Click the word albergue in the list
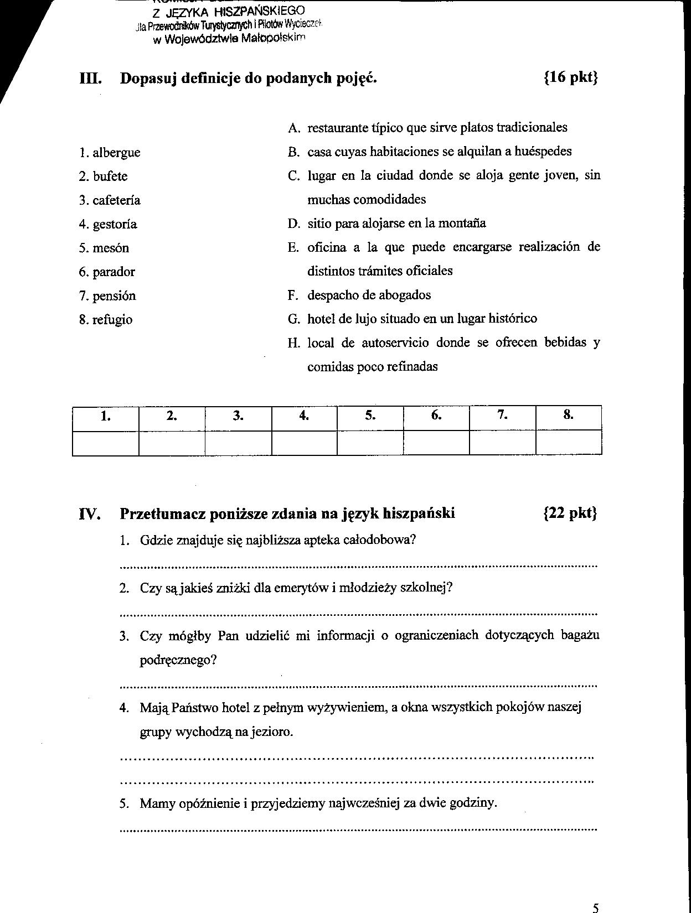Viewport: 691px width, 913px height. (x=116, y=153)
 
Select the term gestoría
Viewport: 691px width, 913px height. (x=115, y=224)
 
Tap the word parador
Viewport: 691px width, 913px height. (x=114, y=272)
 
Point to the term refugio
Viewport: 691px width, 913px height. (x=112, y=319)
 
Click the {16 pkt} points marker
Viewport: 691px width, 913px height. (x=571, y=77)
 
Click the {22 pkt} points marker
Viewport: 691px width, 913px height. (x=570, y=513)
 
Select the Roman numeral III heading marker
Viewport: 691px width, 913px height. (x=89, y=78)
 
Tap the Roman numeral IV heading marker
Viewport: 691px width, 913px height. (x=90, y=514)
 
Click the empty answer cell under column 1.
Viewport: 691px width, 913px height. (x=105, y=443)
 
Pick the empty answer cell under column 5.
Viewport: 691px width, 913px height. (x=370, y=443)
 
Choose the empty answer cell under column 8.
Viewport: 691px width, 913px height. (x=569, y=443)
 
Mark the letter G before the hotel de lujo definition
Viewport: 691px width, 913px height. (x=293, y=319)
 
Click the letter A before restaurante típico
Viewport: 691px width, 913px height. (x=293, y=128)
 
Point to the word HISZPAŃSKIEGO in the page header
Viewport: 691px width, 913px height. (x=257, y=11)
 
